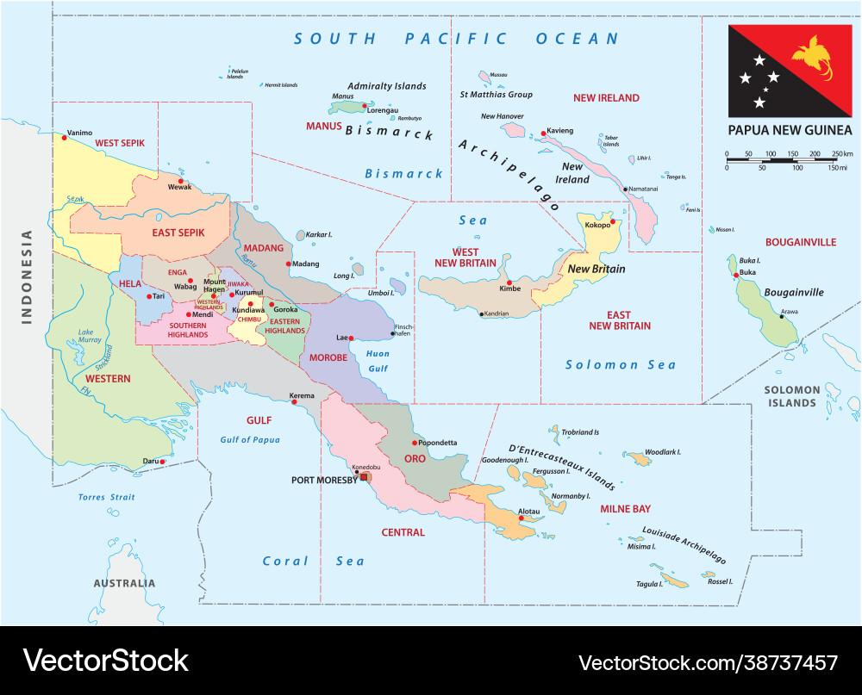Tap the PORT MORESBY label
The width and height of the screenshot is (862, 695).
pyautogui.click(x=324, y=480)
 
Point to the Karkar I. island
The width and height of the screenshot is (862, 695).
pyautogui.click(x=301, y=235)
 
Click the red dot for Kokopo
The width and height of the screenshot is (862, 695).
pyautogui.click(x=611, y=222)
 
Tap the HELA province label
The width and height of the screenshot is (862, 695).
pyautogui.click(x=130, y=283)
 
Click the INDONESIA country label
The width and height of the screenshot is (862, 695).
pyautogui.click(x=27, y=276)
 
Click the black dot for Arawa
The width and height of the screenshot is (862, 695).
pyautogui.click(x=782, y=316)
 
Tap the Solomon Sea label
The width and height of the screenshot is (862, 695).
pyautogui.click(x=621, y=364)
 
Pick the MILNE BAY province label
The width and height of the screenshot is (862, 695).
pyautogui.click(x=625, y=509)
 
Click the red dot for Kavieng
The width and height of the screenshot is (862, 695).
pyautogui.click(x=544, y=133)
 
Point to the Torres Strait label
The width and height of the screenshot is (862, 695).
pyautogui.click(x=107, y=497)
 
